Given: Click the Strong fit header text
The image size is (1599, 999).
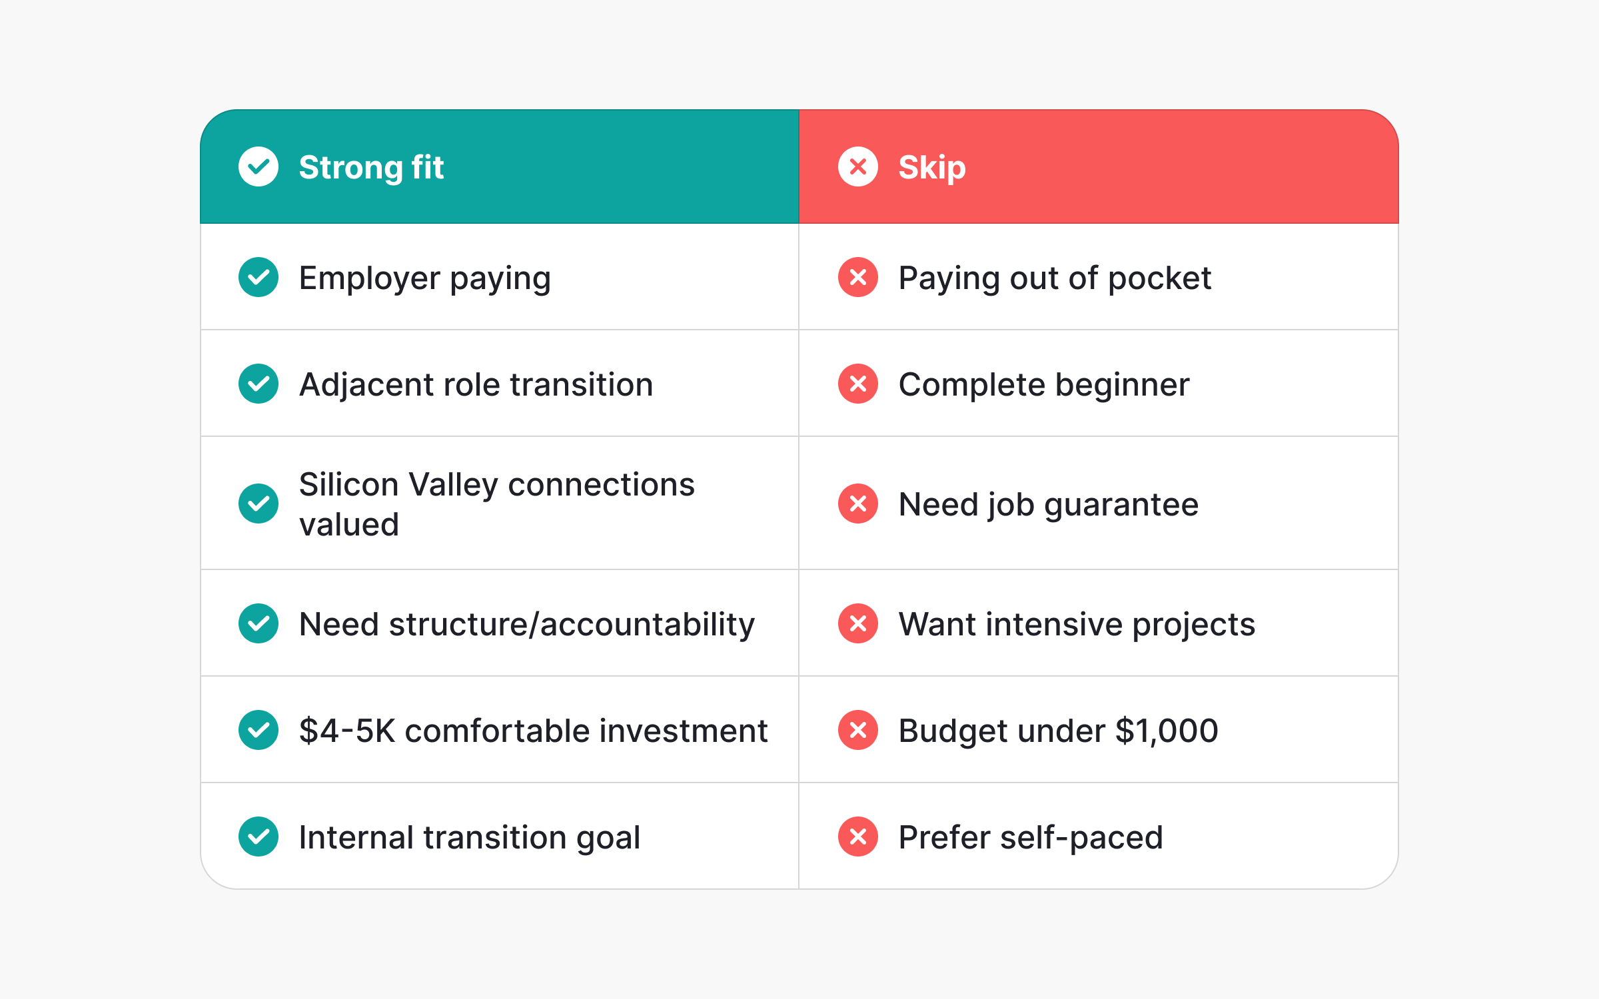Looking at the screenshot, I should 370,167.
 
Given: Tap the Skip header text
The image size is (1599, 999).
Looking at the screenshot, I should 931,167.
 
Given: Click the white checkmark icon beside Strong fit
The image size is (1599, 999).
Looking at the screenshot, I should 259,166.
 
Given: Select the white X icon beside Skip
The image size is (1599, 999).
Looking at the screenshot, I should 858,166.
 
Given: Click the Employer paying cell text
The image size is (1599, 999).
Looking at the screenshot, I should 424,278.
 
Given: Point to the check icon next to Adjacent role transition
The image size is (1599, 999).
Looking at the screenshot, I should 259,384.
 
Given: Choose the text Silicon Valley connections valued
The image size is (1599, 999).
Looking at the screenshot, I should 496,503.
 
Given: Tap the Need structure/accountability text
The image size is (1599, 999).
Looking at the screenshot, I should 526,624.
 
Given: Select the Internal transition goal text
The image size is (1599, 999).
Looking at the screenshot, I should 469,837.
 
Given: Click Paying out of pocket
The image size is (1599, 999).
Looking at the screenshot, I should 1054,278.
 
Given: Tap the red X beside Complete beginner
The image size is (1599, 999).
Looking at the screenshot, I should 858,384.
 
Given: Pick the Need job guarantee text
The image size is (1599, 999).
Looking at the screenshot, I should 1048,504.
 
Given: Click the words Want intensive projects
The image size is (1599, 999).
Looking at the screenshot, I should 1076,624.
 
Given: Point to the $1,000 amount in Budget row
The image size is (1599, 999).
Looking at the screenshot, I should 1167,731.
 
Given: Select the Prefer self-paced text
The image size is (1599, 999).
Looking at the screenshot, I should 1030,837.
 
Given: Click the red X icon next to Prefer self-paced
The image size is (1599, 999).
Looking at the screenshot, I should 858,836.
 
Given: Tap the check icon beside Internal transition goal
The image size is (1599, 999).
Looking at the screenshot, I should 259,836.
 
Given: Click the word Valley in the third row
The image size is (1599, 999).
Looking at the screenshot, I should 453,485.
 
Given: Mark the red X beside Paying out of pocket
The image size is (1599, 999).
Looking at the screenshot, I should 858,277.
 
